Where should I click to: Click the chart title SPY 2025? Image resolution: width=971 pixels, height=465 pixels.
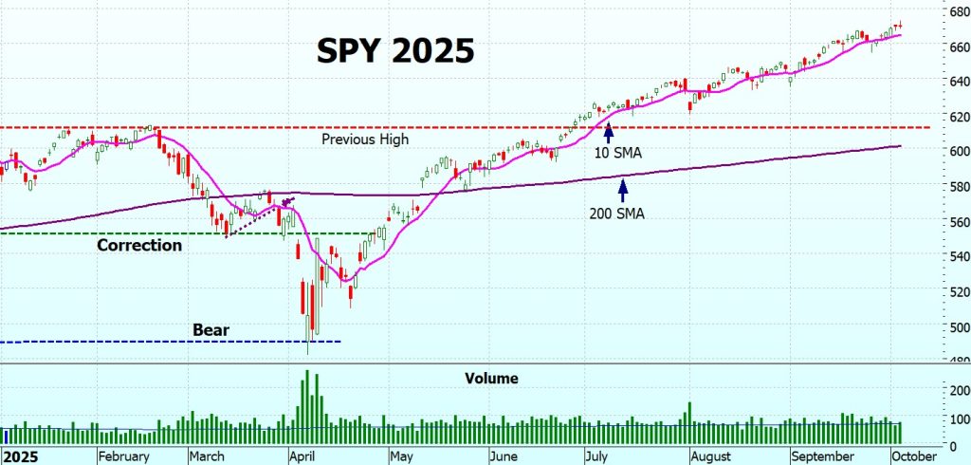394,51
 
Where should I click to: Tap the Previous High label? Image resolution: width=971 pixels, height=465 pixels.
365,139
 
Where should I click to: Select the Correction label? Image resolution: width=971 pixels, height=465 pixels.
139,245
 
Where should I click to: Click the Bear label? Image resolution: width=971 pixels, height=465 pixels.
211,330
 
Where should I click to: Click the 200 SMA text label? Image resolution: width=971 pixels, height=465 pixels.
616,214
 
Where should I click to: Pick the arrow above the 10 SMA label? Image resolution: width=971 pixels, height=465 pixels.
607,131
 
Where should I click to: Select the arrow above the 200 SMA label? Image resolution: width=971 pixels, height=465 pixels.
622,190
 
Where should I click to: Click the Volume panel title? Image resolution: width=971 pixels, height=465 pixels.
491,379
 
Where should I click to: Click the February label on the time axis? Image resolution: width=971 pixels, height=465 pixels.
124,456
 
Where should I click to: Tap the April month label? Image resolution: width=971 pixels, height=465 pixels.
302,456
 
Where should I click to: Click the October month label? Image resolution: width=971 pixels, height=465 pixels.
916,456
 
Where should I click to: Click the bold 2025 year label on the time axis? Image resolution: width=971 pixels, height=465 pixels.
19,456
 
